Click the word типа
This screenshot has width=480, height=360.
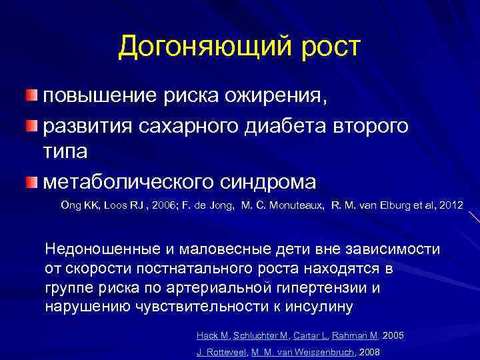(65, 153)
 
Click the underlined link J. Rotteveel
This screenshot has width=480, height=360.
(221, 351)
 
